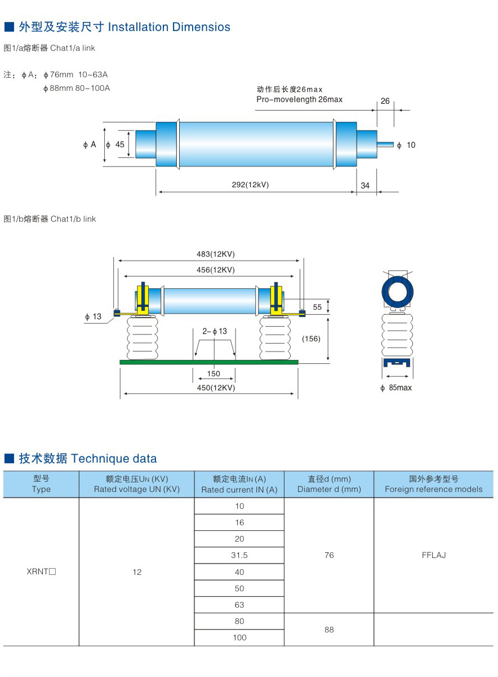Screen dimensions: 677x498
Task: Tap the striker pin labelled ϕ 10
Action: tap(386, 145)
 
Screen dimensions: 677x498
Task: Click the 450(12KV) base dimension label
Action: tap(209, 388)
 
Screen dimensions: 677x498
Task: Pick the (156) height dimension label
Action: tap(311, 338)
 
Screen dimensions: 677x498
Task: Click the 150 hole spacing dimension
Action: tap(214, 373)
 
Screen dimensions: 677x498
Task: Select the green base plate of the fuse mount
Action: tap(208, 362)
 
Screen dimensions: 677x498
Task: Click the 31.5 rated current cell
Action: tap(239, 555)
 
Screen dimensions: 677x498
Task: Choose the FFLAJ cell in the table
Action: tap(433, 555)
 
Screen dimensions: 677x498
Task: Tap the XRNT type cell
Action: tap(41, 572)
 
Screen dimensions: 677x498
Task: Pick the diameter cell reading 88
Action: tap(329, 629)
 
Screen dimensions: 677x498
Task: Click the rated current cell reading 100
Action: tap(239, 638)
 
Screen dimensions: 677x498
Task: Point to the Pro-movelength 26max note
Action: tap(299, 99)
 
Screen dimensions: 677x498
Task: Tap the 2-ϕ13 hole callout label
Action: tap(215, 331)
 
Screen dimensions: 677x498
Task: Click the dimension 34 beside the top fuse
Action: tap(365, 185)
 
